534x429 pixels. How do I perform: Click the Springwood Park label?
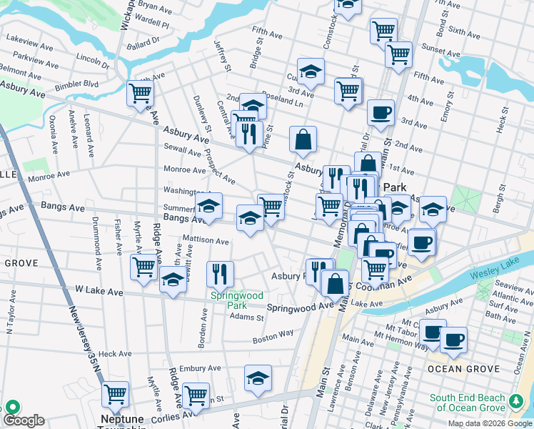coord(236,300)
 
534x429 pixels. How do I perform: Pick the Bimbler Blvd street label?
coord(78,84)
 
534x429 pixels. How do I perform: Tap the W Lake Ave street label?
coord(99,291)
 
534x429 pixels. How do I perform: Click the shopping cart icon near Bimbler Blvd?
coord(140,93)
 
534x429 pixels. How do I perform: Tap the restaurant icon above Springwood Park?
coord(220,273)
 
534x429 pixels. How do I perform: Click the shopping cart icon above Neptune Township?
coord(115,394)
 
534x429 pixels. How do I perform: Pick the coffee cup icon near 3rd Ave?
coord(381,112)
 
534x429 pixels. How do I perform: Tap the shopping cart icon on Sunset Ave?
coord(398,54)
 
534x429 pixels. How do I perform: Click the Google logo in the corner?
coord(24,420)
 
